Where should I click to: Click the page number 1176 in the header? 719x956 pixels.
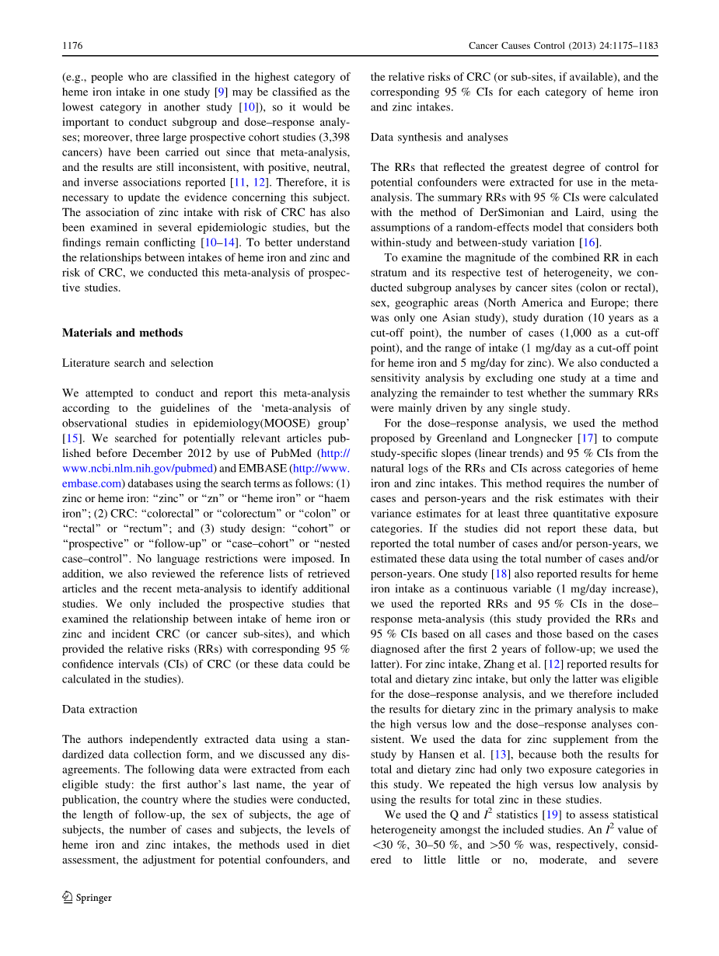pos(72,46)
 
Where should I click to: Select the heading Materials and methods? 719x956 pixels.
pos(122,333)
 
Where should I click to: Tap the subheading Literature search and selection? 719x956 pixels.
pos(138,363)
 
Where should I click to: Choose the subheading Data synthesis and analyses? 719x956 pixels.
pos(439,137)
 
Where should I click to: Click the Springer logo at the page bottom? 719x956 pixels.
pos(87,898)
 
